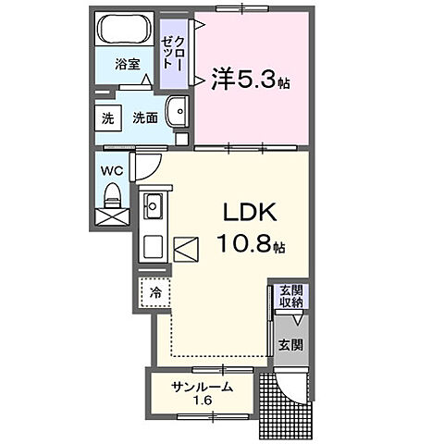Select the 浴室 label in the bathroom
click(x=127, y=66)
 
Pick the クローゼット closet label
click(x=173, y=53)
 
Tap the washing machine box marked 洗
click(x=107, y=118)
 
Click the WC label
click(x=111, y=172)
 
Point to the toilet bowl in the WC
click(x=113, y=195)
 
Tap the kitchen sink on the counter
click(x=154, y=205)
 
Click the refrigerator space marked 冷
click(x=155, y=292)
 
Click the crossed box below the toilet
click(x=113, y=218)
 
